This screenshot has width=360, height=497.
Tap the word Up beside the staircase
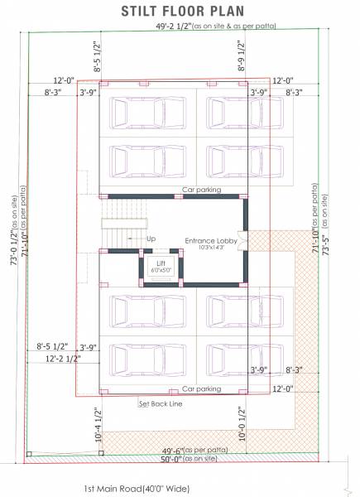coord(151,239)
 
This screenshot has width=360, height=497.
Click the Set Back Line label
coord(160,404)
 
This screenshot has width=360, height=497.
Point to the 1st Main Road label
coord(136,489)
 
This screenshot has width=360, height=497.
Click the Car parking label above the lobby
coord(201,190)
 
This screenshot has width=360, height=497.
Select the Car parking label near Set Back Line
coord(201,388)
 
